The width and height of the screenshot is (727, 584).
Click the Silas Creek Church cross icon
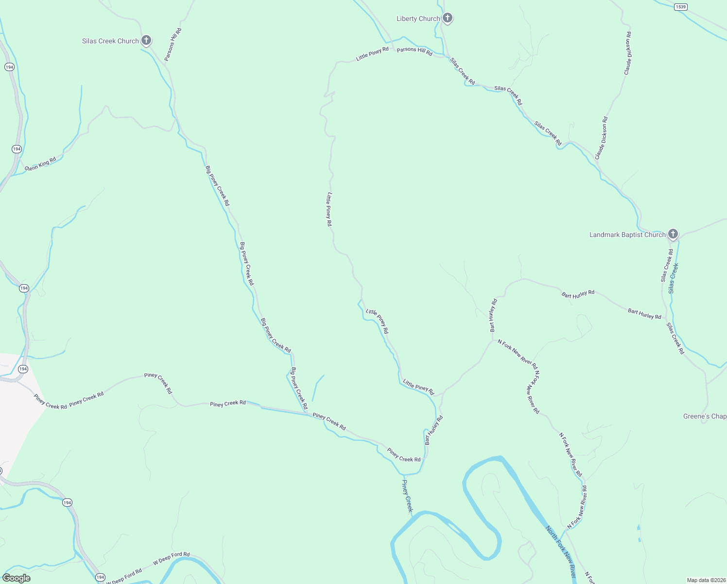click(x=146, y=40)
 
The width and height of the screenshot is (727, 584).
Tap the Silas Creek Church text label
click(x=110, y=41)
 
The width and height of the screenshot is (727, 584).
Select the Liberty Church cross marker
click(x=447, y=18)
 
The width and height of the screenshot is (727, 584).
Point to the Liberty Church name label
click(x=418, y=19)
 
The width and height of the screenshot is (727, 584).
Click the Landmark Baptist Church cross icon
click(x=673, y=234)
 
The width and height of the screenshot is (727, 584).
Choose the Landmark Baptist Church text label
click(x=627, y=235)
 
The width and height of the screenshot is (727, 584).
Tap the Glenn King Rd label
click(x=40, y=164)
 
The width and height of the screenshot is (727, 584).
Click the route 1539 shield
click(x=680, y=7)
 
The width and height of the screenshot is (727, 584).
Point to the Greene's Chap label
click(x=705, y=417)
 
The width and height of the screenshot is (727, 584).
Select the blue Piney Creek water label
click(x=407, y=495)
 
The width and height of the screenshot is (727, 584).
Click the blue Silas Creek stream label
click(x=673, y=278)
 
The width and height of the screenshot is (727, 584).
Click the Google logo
click(x=17, y=578)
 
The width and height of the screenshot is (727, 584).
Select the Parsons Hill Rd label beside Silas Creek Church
click(x=173, y=45)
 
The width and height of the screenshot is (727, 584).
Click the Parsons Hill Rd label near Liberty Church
click(x=414, y=51)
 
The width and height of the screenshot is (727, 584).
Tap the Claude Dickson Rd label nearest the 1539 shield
click(x=628, y=53)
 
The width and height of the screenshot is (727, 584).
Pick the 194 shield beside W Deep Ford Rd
click(x=100, y=577)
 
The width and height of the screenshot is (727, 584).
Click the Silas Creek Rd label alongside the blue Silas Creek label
click(x=667, y=266)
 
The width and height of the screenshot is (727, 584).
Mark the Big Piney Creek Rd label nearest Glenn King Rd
click(x=217, y=186)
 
